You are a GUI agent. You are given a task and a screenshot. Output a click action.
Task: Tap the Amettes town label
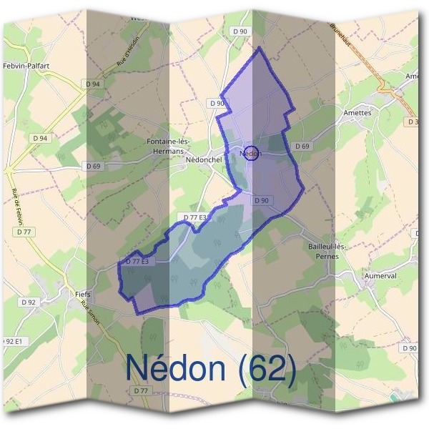coord(357,112)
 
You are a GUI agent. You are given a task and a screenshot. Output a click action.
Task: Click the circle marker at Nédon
coord(251,153)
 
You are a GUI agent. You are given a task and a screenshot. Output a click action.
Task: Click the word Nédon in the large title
coord(178,368)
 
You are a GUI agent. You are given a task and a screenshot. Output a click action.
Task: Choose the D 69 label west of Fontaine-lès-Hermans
coord(93,166)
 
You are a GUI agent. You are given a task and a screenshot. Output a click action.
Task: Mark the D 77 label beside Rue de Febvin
coord(26,232)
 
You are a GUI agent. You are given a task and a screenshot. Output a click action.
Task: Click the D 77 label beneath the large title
coord(140,390)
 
